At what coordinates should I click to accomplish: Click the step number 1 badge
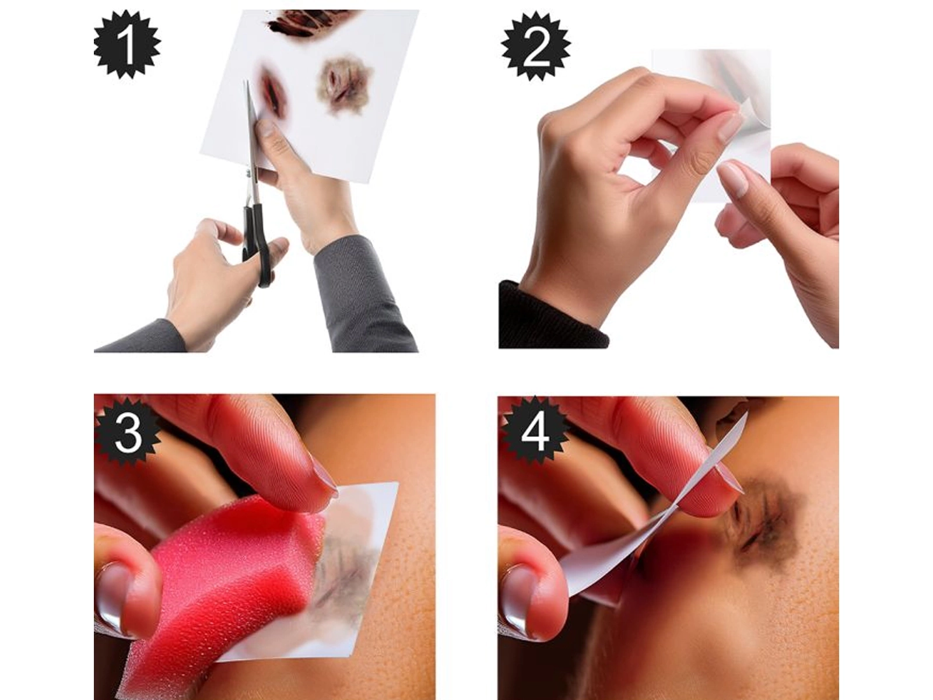pyautogui.click(x=127, y=45)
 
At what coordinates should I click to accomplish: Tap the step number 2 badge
pyautogui.click(x=535, y=45)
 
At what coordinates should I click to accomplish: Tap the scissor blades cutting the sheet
pyautogui.click(x=252, y=128)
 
